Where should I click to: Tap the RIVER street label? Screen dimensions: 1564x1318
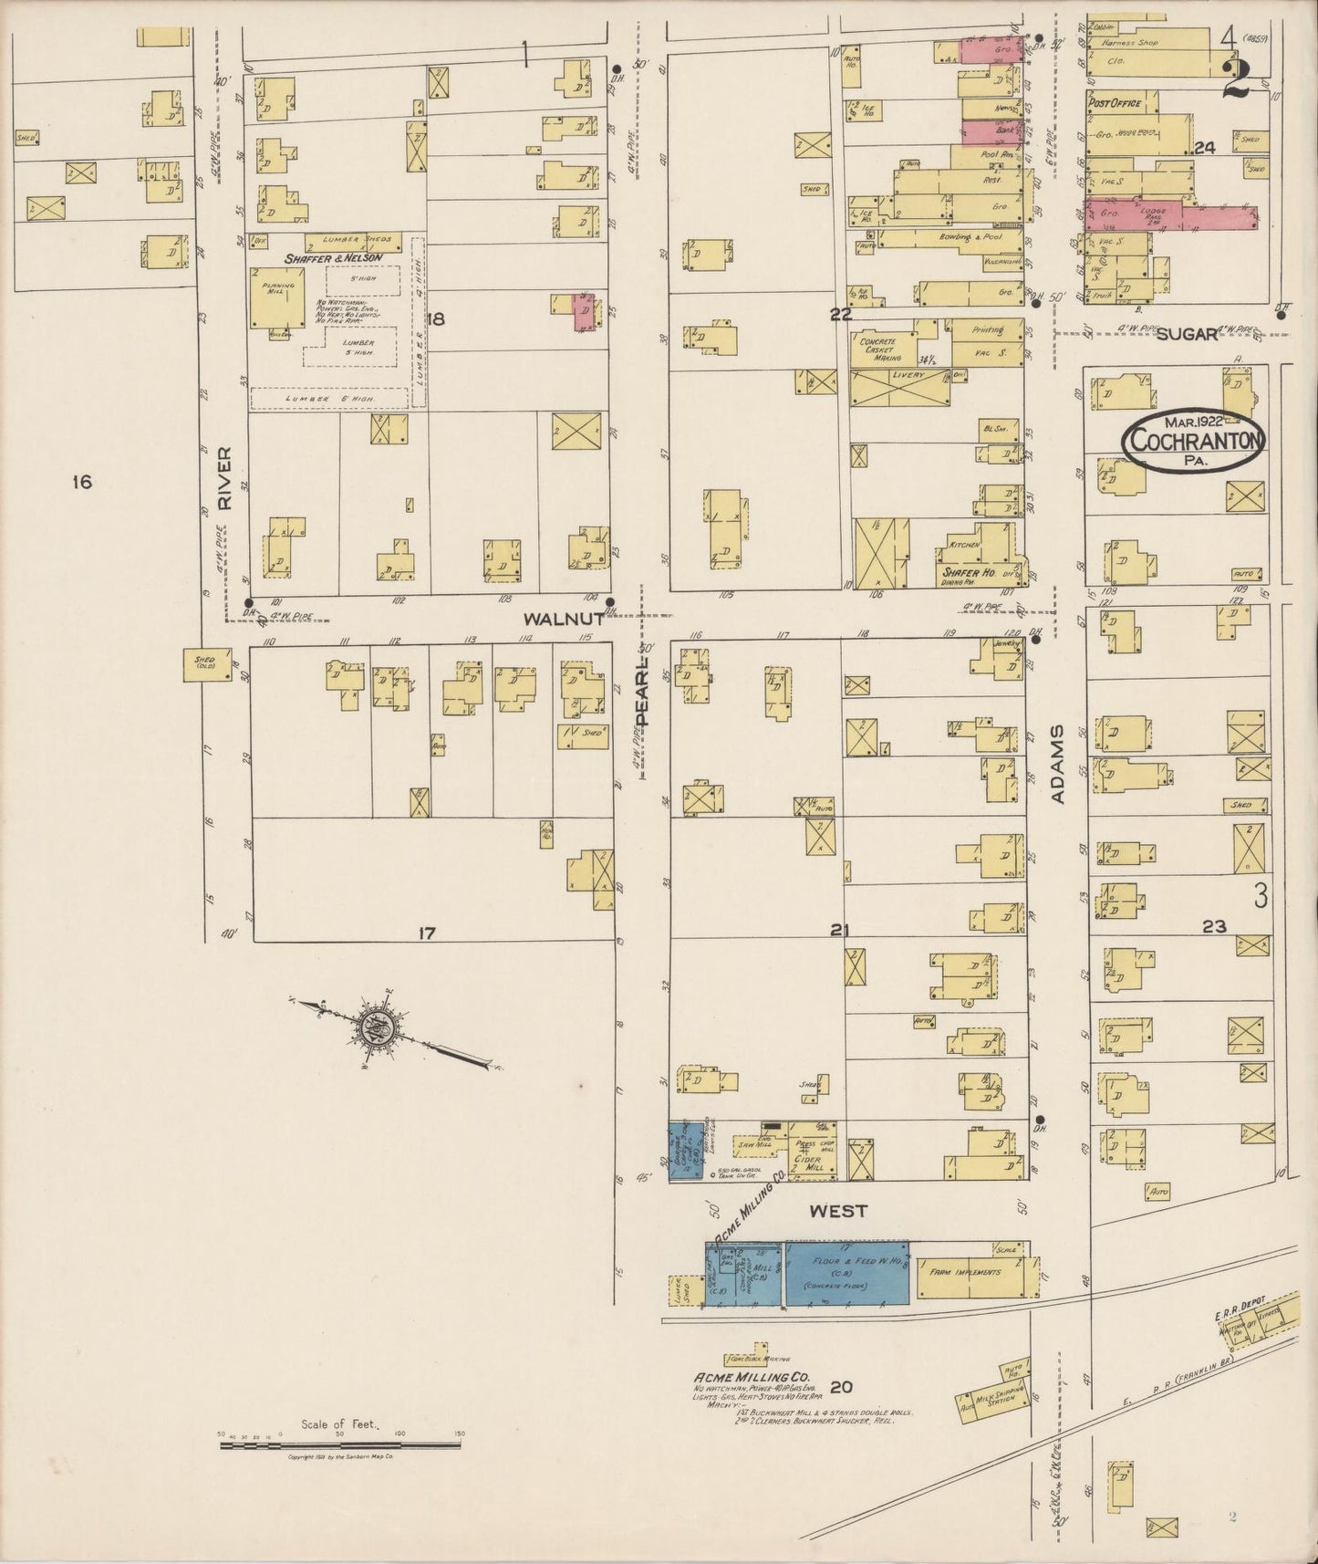pos(225,478)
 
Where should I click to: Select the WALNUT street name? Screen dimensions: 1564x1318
pos(564,619)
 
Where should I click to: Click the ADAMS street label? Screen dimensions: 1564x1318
pos(1057,765)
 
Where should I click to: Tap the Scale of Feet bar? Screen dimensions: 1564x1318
pos(340,1445)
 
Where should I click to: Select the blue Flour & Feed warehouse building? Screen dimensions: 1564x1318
pos(846,1273)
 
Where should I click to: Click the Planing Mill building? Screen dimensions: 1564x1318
pos(277,297)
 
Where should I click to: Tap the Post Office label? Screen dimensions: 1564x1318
pos(1114,103)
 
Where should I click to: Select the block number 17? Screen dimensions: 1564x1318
pos(426,933)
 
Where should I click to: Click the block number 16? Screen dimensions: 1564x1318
pos(82,482)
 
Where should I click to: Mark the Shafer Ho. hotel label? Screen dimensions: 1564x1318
pos(967,573)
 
